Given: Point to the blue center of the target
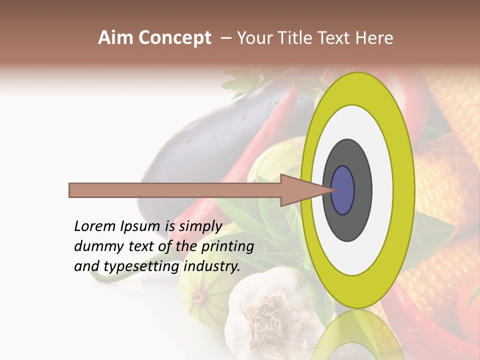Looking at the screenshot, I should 342,190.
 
